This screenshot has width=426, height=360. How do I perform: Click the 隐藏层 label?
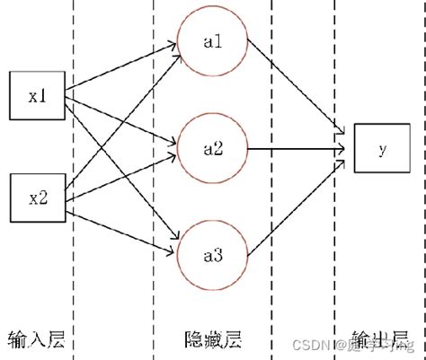point(212,338)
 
